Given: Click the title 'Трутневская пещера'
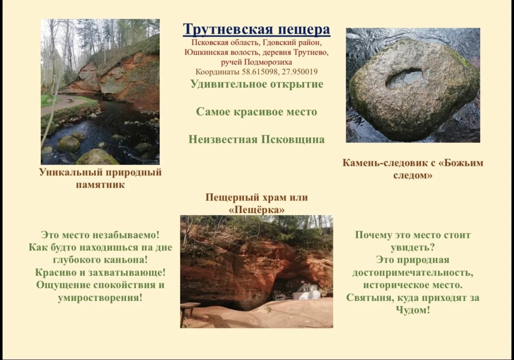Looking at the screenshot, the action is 257,29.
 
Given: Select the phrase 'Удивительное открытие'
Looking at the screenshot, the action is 257,84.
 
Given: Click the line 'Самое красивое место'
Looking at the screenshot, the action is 257,112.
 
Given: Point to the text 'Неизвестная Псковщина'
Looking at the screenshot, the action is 257,139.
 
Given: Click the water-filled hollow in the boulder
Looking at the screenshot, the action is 405,78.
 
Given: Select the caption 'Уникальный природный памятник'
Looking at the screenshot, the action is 100,178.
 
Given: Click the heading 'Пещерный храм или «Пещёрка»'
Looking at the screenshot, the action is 257,203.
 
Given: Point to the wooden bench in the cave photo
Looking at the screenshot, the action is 190,313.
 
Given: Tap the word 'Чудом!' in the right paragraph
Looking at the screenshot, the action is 413,310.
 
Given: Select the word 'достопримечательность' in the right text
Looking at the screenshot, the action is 413,273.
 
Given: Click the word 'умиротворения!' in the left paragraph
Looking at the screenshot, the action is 100,298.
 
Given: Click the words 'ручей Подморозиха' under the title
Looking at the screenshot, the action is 257,62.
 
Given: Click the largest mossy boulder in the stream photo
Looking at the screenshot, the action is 98,157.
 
